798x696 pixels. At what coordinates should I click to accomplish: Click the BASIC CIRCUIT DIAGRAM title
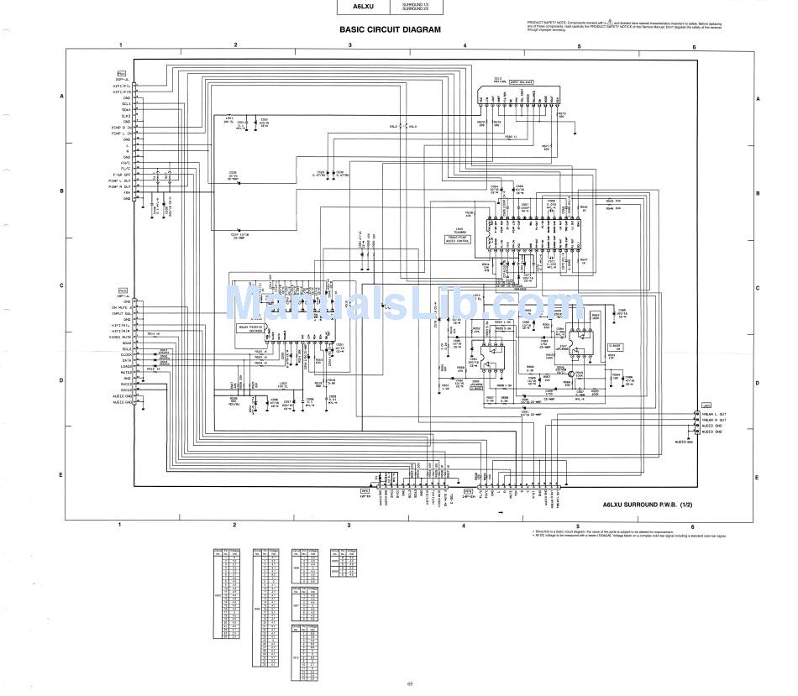click(x=389, y=29)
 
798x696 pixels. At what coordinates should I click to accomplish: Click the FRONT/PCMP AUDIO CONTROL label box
click(x=460, y=239)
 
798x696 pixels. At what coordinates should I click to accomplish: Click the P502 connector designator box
click(x=122, y=293)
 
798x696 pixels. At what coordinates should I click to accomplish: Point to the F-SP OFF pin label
click(x=122, y=175)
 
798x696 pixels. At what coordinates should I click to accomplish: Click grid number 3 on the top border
click(x=349, y=44)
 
